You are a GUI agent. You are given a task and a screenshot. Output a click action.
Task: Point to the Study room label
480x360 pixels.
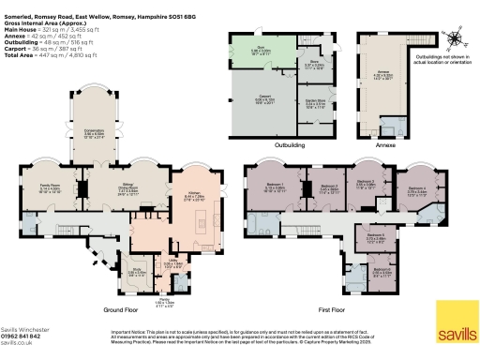(110, 273)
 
